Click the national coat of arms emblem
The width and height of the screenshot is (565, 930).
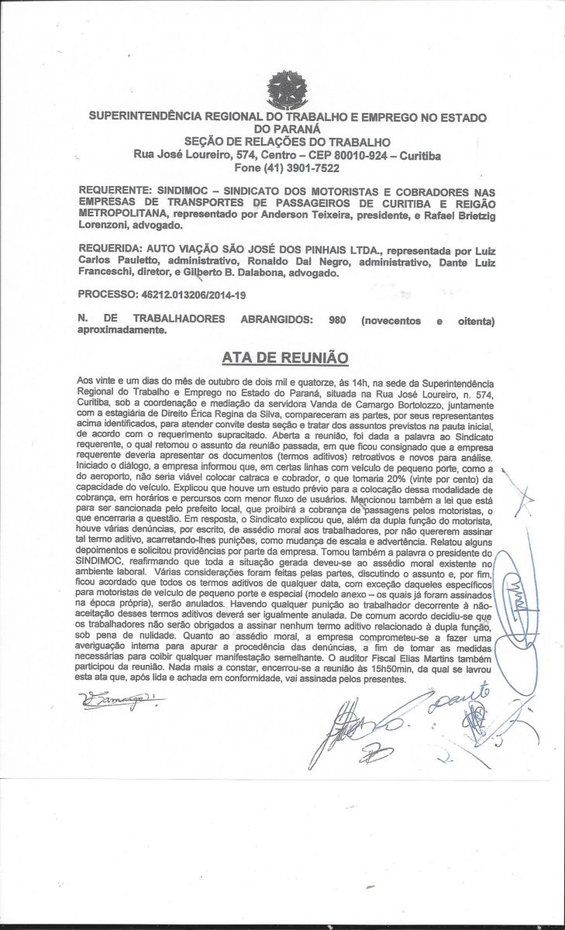(287, 91)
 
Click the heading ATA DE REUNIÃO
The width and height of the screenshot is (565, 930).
(284, 357)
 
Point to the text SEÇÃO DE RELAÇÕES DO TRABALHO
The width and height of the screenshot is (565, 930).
(287, 142)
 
